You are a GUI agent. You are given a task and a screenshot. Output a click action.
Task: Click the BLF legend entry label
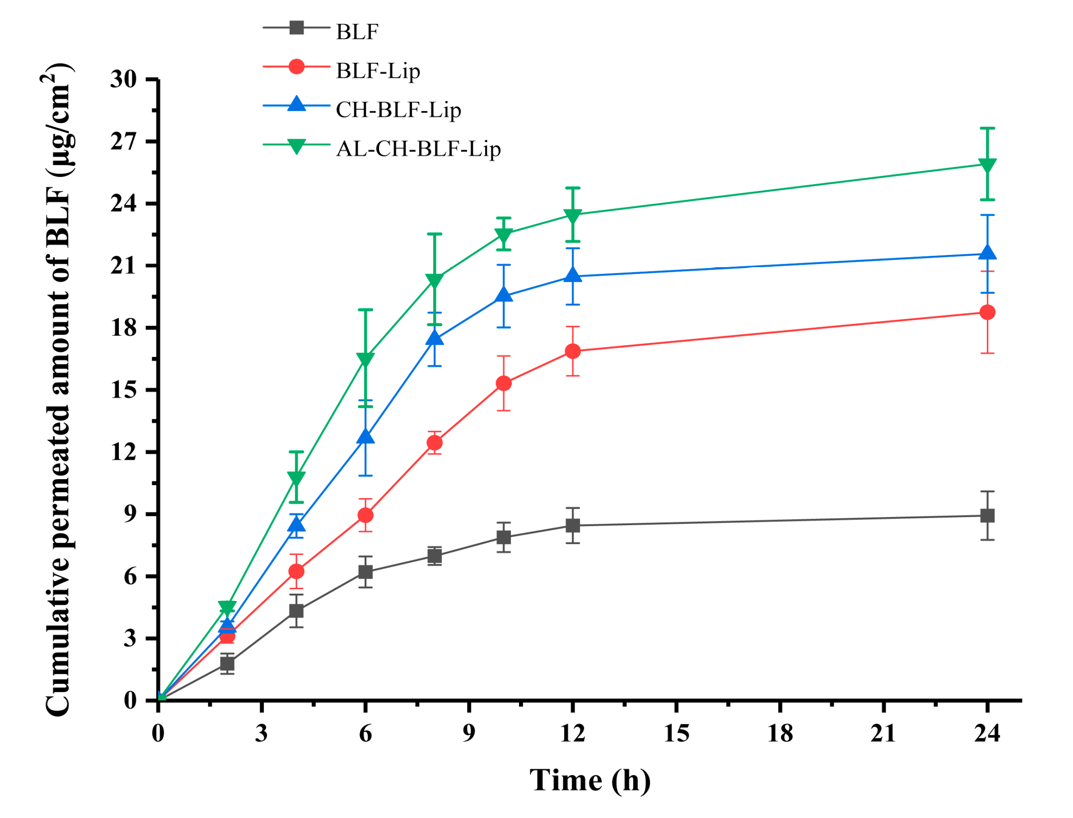[x=357, y=32]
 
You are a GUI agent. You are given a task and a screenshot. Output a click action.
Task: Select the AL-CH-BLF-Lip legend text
[x=418, y=149]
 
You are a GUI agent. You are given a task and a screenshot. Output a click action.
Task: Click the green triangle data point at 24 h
[x=987, y=165]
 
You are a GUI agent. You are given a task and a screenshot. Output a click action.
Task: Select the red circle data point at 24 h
[x=987, y=312]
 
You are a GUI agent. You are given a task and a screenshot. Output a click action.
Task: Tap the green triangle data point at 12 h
[x=573, y=215]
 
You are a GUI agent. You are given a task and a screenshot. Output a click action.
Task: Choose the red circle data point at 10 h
[x=504, y=383]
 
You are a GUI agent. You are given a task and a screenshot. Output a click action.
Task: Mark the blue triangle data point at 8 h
[x=434, y=338]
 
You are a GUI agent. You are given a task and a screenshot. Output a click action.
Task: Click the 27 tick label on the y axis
[x=124, y=142]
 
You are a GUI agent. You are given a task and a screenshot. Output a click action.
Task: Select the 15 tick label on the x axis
[x=677, y=733]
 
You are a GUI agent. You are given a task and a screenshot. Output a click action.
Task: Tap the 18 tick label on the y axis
[x=124, y=328]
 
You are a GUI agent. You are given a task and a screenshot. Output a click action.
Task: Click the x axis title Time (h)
[x=590, y=780]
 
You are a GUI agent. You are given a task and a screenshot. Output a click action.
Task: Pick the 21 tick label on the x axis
[x=884, y=733]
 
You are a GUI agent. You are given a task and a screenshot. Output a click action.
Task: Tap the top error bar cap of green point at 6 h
[x=365, y=310]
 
